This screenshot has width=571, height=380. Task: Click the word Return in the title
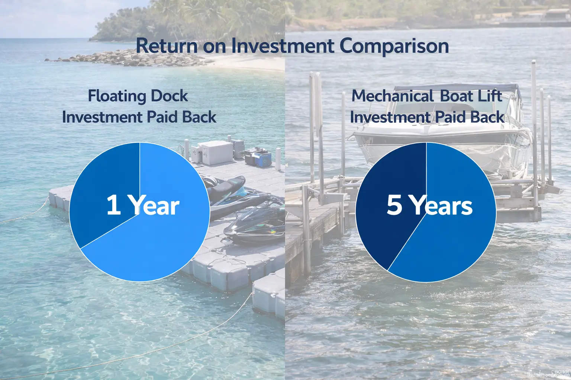tap(167, 46)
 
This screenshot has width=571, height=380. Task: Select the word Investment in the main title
tap(283, 46)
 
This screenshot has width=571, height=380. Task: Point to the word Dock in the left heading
tap(170, 96)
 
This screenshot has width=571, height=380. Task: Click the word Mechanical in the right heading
tap(393, 96)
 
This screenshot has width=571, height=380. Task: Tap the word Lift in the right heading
tap(490, 96)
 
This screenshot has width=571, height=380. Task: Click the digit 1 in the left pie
tap(113, 205)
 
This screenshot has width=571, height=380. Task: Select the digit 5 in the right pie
tap(394, 205)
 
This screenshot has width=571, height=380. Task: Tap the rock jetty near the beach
tap(123, 59)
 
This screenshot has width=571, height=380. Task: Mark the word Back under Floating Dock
tap(199, 117)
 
